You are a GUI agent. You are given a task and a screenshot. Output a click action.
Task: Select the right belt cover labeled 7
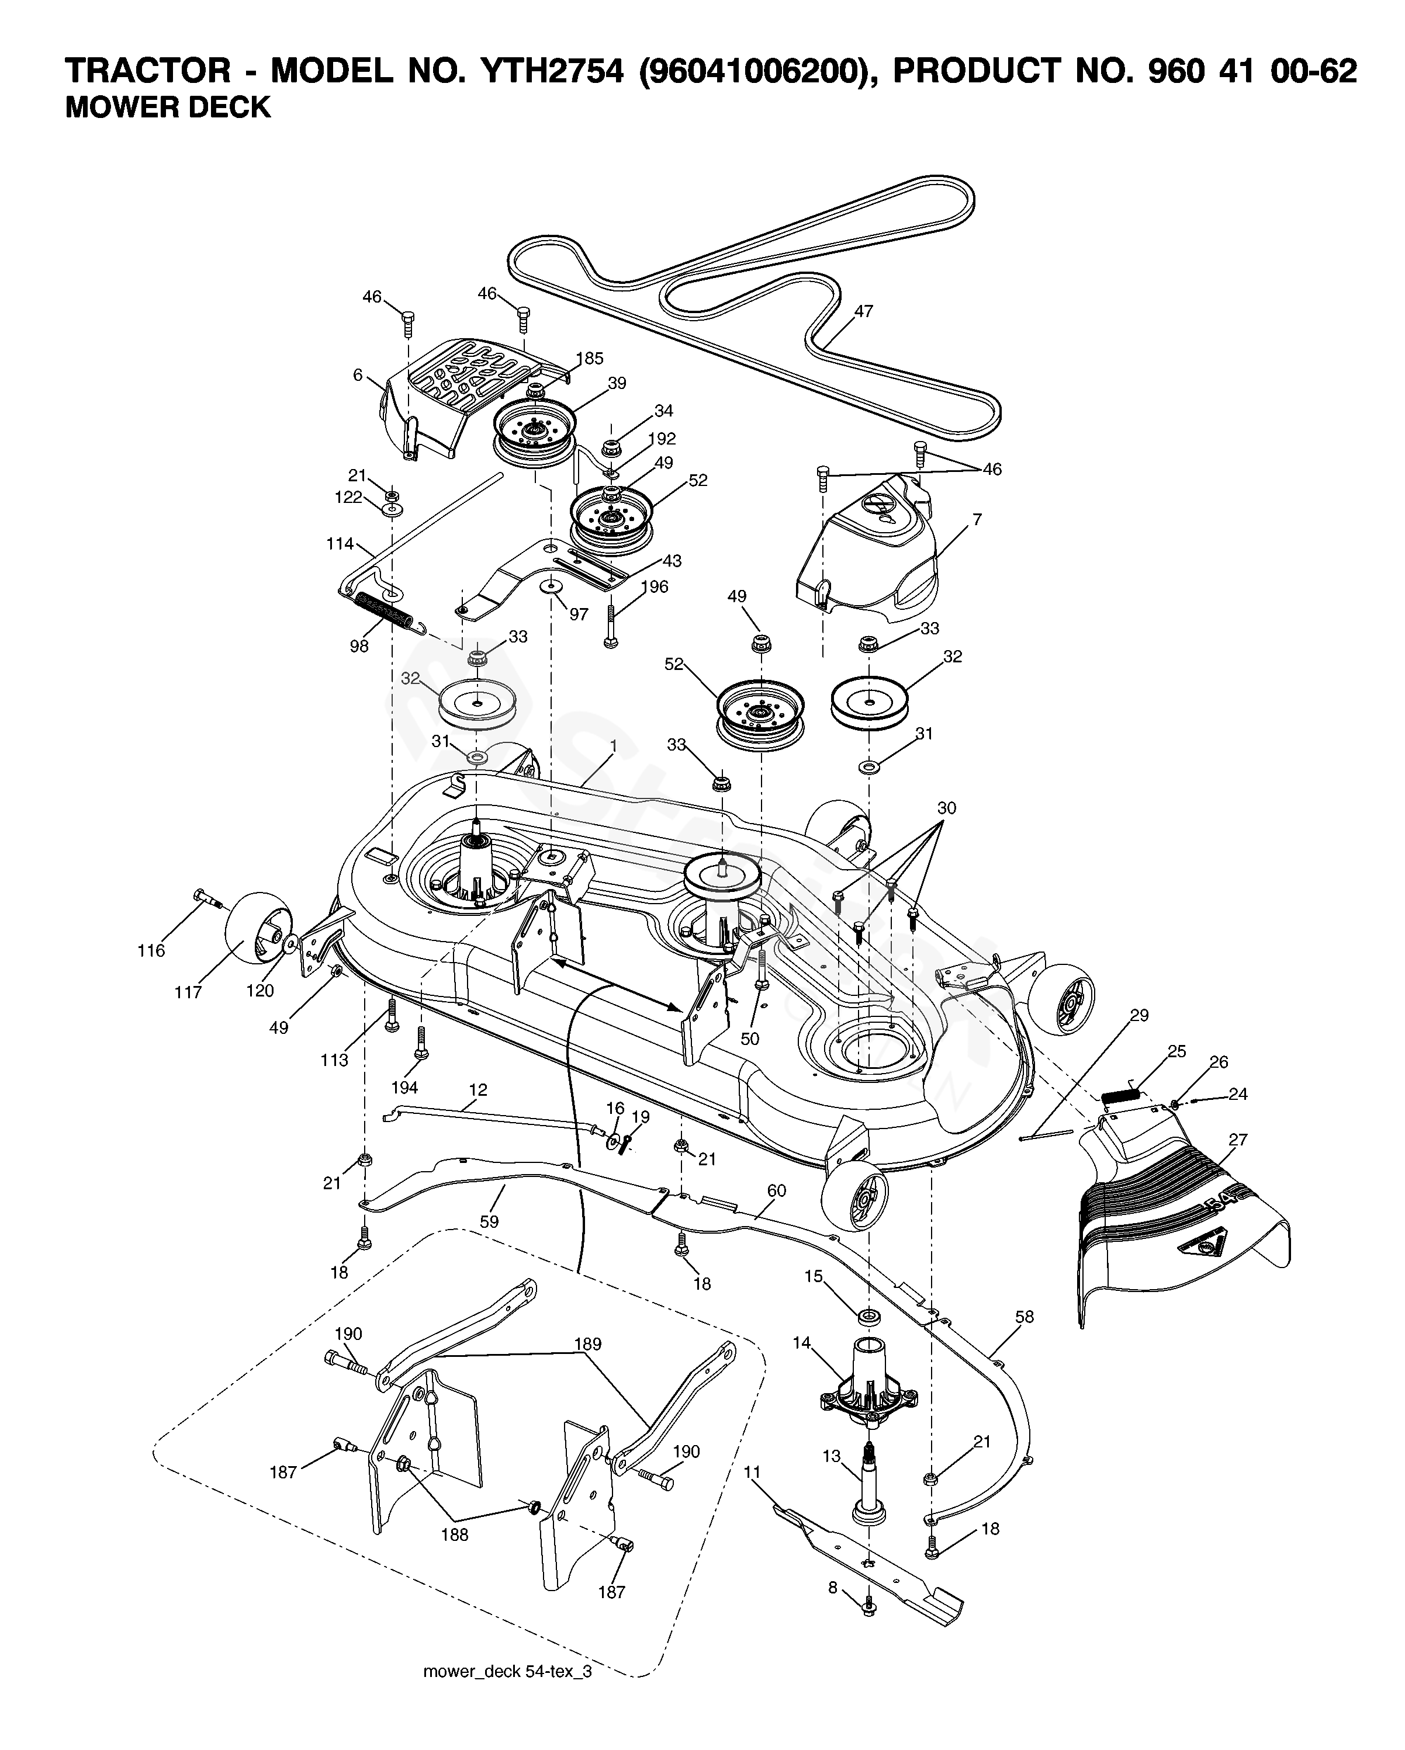[867, 560]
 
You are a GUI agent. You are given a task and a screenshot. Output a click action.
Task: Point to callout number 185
[590, 358]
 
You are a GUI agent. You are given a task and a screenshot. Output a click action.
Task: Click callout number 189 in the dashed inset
[587, 1344]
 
